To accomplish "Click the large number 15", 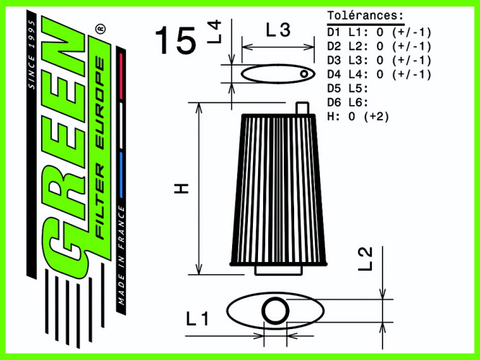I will [x=175, y=42].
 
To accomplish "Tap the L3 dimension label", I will [x=277, y=30].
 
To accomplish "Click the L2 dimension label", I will [x=365, y=258].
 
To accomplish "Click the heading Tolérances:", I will [x=365, y=15].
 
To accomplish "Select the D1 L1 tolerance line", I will [x=379, y=32].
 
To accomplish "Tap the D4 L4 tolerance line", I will [x=379, y=74].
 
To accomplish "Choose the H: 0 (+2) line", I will [x=358, y=116].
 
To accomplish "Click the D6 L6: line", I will [x=348, y=102].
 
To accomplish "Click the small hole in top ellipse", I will [x=305, y=73].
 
